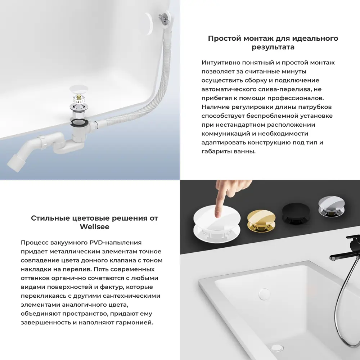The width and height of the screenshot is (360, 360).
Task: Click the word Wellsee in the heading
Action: click(94, 227)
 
